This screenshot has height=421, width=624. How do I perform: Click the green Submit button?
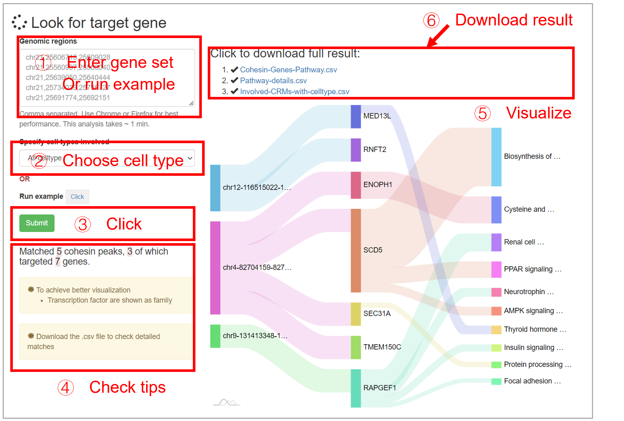[x=37, y=223]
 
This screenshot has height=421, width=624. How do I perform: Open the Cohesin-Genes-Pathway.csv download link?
[x=288, y=70]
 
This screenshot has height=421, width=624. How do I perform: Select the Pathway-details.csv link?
[x=273, y=80]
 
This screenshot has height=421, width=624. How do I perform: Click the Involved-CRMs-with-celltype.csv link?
[x=294, y=91]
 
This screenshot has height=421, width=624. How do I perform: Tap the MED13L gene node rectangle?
[x=355, y=116]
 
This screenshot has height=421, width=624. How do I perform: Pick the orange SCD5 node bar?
[x=355, y=250]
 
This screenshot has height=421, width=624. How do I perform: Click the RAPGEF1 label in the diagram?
[x=379, y=388]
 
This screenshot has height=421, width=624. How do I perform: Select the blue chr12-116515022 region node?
[x=215, y=188]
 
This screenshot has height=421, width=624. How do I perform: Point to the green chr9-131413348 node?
[x=215, y=336]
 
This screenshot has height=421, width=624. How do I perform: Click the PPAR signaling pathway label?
[x=532, y=269]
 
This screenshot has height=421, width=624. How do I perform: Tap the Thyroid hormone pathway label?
[x=535, y=329]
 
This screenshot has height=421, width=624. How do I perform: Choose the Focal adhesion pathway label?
[x=532, y=381]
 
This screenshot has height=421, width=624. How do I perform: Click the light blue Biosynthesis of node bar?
[x=496, y=157]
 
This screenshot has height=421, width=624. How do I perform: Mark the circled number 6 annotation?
[x=431, y=20]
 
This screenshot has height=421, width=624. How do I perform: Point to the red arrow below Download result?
[x=438, y=36]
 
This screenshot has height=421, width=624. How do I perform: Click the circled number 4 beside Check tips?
[x=66, y=387]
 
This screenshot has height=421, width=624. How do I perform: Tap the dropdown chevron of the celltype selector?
[x=190, y=158]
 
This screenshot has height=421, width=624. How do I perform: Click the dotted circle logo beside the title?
[x=19, y=22]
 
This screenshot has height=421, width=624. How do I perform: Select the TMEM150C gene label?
[x=382, y=347]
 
